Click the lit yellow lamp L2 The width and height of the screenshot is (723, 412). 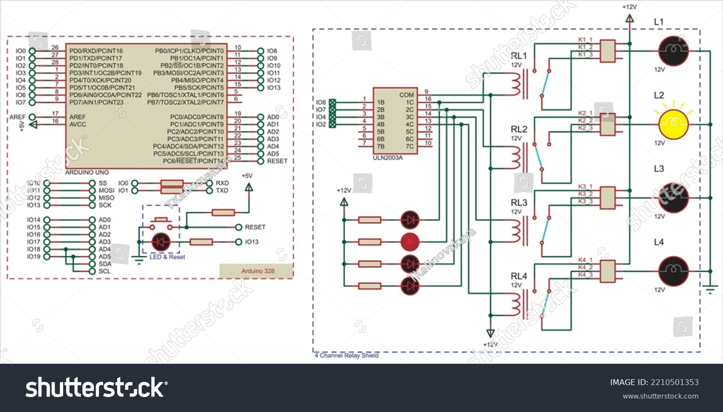[673, 124]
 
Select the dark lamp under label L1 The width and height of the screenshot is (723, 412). [673, 51]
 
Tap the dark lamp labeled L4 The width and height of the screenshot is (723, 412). [673, 271]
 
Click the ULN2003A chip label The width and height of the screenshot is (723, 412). [388, 158]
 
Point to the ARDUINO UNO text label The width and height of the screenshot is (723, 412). [87, 173]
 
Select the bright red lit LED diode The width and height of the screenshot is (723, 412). [410, 242]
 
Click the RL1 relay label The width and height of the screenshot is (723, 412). [519, 56]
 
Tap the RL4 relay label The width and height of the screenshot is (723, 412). [519, 276]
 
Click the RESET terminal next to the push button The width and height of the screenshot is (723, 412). [239, 227]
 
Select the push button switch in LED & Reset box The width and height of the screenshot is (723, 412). [161, 222]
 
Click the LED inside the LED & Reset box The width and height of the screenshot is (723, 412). [161, 242]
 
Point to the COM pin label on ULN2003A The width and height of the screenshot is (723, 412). [406, 95]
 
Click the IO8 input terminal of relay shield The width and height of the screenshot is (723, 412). [332, 102]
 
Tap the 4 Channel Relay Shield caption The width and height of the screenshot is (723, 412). [347, 356]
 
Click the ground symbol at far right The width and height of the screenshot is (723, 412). [710, 289]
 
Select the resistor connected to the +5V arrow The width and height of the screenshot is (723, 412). [223, 212]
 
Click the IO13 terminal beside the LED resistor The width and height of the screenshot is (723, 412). [239, 242]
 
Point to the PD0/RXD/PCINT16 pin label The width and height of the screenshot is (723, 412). [96, 51]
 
